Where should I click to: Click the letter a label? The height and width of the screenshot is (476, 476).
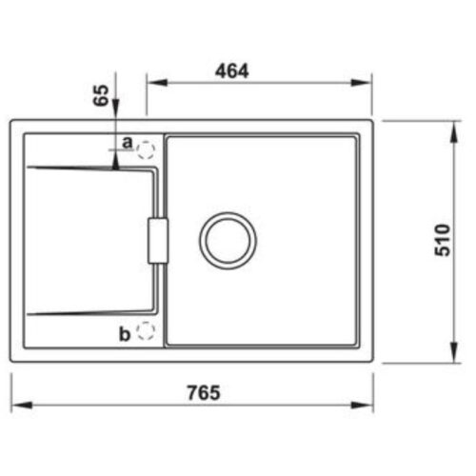[127, 143]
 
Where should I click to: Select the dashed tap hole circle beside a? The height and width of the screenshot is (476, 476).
[146, 149]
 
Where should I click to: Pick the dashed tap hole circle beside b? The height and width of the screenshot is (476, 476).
[146, 331]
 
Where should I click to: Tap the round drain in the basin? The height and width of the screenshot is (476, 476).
[228, 237]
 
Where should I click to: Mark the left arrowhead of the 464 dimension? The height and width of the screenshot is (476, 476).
[151, 83]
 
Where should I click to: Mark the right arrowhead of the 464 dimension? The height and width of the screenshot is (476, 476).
[366, 83]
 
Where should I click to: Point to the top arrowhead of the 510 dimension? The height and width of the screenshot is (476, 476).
[451, 125]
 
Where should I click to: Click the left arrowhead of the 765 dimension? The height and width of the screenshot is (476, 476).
[17, 405]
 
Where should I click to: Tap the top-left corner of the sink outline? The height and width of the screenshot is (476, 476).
[13, 121]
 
